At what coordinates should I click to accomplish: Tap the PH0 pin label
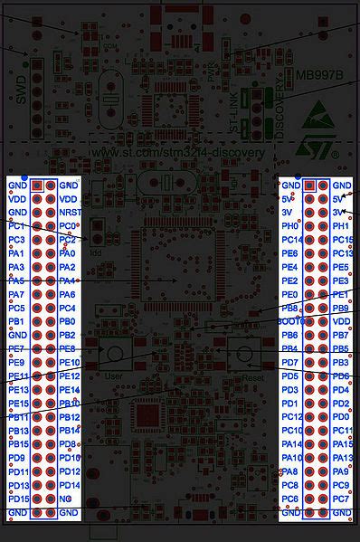pyautogui.click(x=289, y=225)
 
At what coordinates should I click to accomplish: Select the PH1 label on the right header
pyautogui.click(x=340, y=225)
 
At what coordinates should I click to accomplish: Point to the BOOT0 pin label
pyautogui.click(x=289, y=321)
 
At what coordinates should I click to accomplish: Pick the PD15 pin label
pyautogui.click(x=18, y=499)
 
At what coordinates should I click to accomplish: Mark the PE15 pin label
pyautogui.click(x=18, y=403)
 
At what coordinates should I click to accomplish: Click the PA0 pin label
pyautogui.click(x=66, y=253)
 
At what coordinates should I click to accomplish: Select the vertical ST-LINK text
pyautogui.click(x=234, y=117)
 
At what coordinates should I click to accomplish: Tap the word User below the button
pyautogui.click(x=113, y=375)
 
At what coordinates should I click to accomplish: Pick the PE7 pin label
pyautogui.click(x=16, y=348)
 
